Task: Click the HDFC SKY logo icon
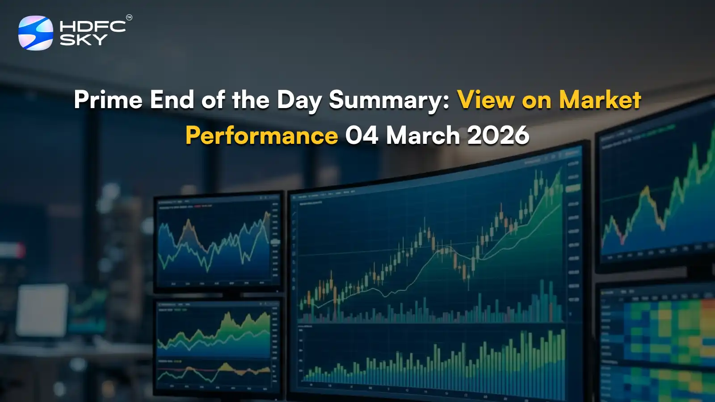pos(35,33)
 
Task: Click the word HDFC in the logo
pos(93,26)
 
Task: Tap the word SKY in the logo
pos(84,40)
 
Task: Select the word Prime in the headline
pos(108,100)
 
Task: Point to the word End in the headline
pos(172,100)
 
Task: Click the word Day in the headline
pos(299,100)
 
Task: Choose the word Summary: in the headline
pos(389,100)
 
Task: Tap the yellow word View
pos(486,100)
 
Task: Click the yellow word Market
pos(600,100)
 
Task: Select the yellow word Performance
pos(262,135)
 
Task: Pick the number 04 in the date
pos(362,135)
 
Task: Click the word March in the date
pos(423,135)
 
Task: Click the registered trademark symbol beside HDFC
pos(129,18)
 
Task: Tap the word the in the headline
pos(250,100)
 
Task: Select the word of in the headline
pos(213,100)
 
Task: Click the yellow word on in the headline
pos(536,100)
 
